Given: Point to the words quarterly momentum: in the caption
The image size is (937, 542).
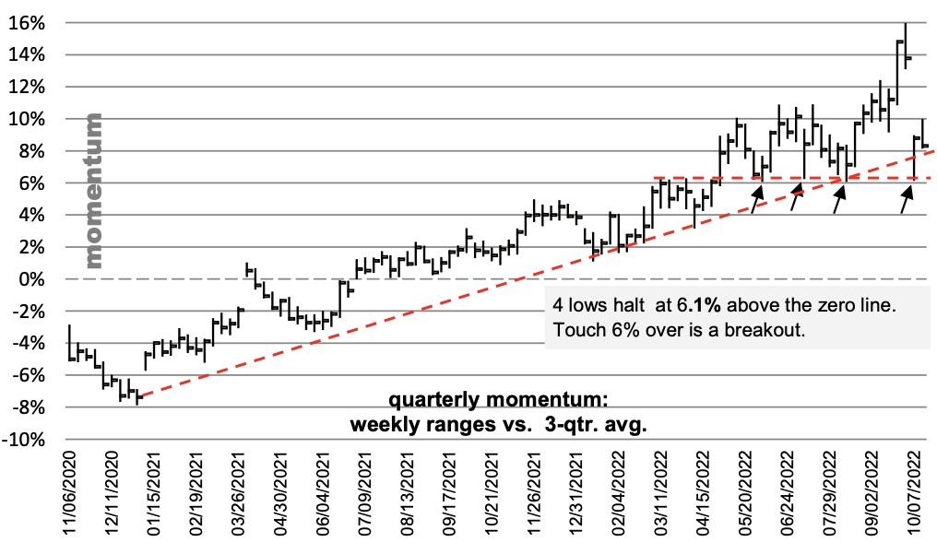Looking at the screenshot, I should coord(498,404).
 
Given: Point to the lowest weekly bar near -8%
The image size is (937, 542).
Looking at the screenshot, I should coord(137,397).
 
